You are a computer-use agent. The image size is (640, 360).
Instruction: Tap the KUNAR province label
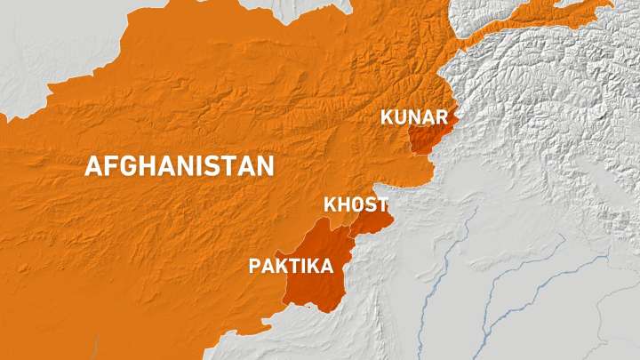click(x=413, y=116)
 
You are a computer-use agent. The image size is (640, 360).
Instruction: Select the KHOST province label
click(x=355, y=204)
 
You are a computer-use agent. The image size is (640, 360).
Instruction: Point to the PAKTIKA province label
click(x=292, y=266)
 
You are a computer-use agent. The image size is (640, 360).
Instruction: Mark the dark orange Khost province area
click(x=372, y=221)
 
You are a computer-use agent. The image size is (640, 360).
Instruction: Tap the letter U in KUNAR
click(x=399, y=116)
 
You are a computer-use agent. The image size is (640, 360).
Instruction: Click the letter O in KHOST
click(x=355, y=204)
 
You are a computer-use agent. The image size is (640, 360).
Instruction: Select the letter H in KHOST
click(x=340, y=204)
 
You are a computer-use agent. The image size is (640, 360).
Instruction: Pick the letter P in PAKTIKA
click(x=255, y=266)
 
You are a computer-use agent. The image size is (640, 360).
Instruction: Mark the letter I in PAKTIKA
click(x=308, y=266)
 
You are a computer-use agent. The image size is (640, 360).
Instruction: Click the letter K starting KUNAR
click(x=387, y=116)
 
